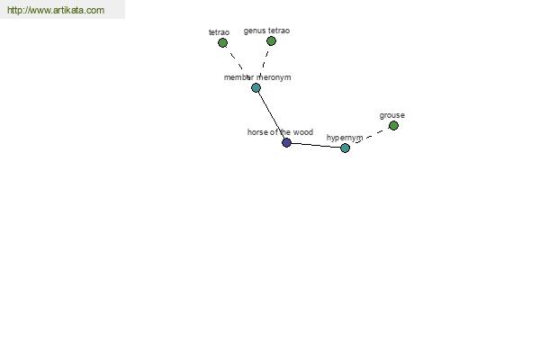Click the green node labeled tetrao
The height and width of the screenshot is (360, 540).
(223, 42)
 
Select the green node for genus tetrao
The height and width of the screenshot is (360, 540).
(272, 41)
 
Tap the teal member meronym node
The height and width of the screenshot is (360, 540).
(256, 88)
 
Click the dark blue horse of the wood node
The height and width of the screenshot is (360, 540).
(286, 142)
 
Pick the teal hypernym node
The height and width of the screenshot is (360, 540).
(345, 148)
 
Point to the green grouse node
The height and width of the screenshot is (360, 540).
(393, 125)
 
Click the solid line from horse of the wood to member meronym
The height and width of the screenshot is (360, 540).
(272, 115)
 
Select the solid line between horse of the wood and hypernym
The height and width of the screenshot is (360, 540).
(316, 146)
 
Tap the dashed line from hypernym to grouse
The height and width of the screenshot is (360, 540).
(369, 137)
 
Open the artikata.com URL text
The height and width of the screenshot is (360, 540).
(56, 10)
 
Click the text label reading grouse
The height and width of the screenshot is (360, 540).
(391, 115)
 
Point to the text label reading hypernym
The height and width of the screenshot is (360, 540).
(345, 138)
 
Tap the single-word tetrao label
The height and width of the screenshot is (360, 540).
(219, 32)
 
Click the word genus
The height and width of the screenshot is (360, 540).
(255, 31)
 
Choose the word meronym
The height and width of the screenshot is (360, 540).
(274, 77)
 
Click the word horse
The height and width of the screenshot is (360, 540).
(256, 132)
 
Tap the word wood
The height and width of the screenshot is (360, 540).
(303, 132)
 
